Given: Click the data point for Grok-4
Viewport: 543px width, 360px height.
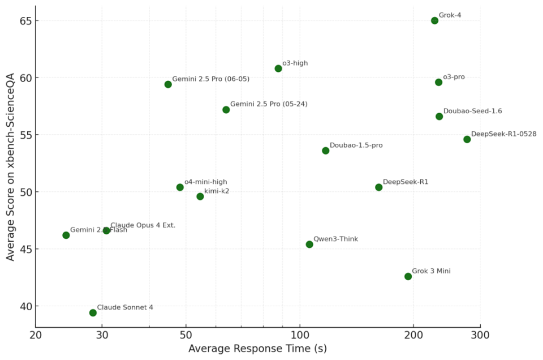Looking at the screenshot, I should click(x=434, y=20).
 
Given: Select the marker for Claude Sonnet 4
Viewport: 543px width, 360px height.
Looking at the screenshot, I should click(x=93, y=312).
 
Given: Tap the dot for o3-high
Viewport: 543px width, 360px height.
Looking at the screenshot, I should click(x=278, y=68).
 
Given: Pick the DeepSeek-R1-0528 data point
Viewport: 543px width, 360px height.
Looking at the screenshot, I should click(x=467, y=139).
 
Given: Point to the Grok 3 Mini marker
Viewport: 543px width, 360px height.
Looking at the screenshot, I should click(x=408, y=276).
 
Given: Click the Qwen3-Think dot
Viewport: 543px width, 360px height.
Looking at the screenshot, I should click(x=309, y=245).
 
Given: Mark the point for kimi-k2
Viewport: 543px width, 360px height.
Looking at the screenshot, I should click(x=200, y=196).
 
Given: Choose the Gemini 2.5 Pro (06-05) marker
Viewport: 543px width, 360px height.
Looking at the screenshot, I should click(x=168, y=84).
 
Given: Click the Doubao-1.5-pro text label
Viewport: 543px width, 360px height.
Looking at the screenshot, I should click(x=356, y=145).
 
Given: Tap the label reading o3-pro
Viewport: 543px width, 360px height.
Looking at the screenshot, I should click(x=454, y=77).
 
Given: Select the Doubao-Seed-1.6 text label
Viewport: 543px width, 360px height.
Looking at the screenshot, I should click(x=472, y=112).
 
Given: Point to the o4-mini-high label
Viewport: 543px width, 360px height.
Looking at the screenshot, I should click(x=205, y=182).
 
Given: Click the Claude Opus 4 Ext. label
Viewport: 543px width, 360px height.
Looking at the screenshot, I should click(x=143, y=225).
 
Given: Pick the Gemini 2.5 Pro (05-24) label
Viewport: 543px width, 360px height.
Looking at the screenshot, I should click(x=269, y=104).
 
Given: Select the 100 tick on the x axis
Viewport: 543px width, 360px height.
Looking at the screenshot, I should click(x=300, y=335).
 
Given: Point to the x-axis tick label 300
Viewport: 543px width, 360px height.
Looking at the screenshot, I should click(x=480, y=335).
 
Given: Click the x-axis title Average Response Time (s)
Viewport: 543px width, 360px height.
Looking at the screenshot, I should click(x=257, y=349).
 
